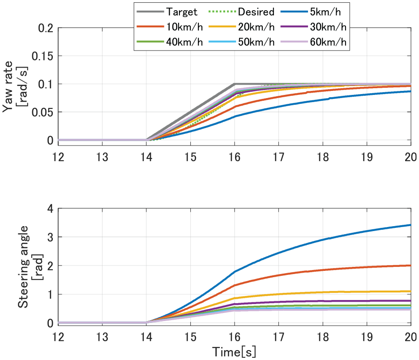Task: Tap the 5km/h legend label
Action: pos(325,12)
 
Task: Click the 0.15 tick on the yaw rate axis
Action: pos(43,56)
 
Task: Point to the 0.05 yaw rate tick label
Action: pos(43,112)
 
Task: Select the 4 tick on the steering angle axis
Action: pos(51,209)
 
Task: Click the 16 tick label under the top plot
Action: pos(235,157)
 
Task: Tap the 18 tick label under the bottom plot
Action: pos(323,337)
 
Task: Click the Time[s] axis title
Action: pos(234,352)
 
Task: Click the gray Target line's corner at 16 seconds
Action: pos(235,84)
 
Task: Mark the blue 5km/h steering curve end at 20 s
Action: pos(410,225)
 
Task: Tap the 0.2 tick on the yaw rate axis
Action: pos(46,28)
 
